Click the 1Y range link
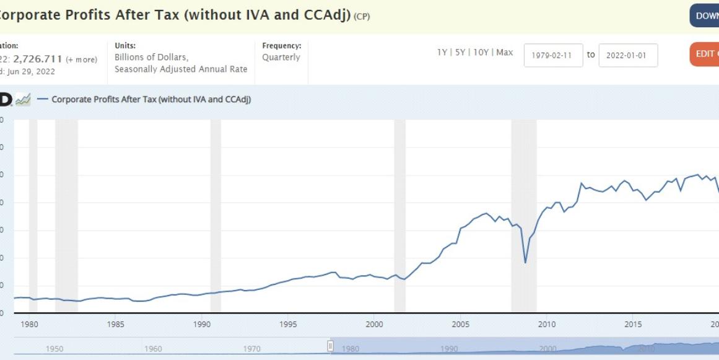[442, 53]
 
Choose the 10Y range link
[481, 53]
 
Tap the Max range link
[504, 53]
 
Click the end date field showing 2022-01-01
[627, 55]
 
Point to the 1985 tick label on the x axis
[115, 324]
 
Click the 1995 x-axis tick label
[288, 324]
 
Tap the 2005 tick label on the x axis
[460, 324]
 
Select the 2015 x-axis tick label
[632, 324]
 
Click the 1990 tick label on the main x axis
[202, 324]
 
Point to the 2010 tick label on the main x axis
[546, 324]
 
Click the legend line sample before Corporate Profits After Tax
[43, 99]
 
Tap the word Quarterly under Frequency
[281, 58]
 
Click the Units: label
[125, 46]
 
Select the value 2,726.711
[38, 59]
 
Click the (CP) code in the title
[361, 17]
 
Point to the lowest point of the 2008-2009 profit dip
[525, 263]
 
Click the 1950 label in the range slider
[54, 349]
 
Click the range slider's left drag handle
[331, 346]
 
